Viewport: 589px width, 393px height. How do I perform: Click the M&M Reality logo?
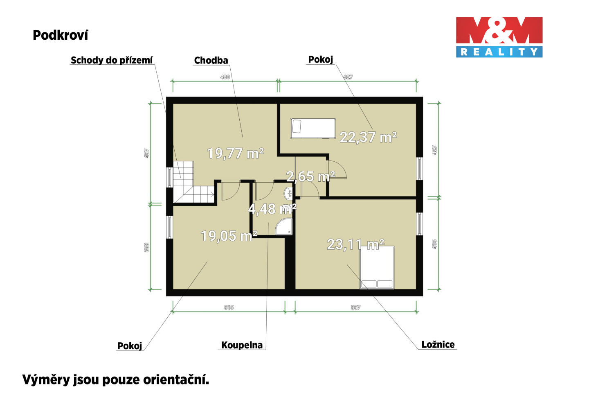[499, 37]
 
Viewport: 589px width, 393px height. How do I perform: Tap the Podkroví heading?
[61, 35]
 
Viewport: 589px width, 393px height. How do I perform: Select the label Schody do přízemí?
[112, 60]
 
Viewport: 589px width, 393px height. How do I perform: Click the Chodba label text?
[211, 60]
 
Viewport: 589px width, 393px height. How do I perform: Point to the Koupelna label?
[242, 345]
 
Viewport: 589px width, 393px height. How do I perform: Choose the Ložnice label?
[438, 345]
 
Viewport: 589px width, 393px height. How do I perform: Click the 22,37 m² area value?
[369, 137]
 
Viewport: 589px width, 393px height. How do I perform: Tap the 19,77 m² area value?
[236, 153]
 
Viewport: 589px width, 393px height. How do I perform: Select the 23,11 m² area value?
[356, 244]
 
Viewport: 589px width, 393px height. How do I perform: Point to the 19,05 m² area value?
[229, 236]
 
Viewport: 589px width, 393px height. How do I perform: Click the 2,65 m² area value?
[310, 176]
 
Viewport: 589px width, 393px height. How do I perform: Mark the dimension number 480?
[225, 77]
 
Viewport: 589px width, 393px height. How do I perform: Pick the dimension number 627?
[348, 77]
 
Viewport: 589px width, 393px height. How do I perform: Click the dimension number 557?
[355, 307]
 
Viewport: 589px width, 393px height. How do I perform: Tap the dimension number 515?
[229, 307]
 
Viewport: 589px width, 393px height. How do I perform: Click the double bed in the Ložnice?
[377, 267]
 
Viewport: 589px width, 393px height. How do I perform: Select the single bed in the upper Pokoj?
[313, 128]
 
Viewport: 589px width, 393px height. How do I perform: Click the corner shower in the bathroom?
[284, 226]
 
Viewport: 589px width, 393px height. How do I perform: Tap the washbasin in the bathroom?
[288, 194]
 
